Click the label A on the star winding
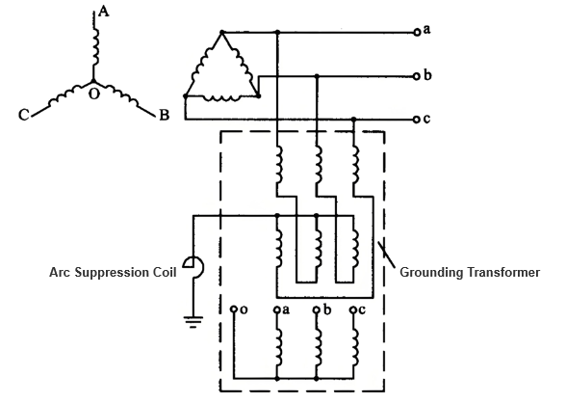pyautogui.click(x=103, y=12)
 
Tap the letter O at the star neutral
pyautogui.click(x=94, y=94)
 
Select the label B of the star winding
pyautogui.click(x=165, y=115)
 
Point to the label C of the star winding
pyautogui.click(x=24, y=115)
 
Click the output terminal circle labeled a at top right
pyautogui.click(x=417, y=33)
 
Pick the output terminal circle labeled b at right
pyautogui.click(x=417, y=76)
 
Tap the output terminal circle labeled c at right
pyautogui.click(x=417, y=120)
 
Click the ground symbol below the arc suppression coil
pyautogui.click(x=193, y=322)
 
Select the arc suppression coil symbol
pyautogui.click(x=193, y=267)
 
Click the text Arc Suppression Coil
pyautogui.click(x=113, y=272)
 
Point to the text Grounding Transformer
pyautogui.click(x=470, y=272)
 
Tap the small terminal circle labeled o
pyautogui.click(x=234, y=309)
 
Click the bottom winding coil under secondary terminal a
pyautogui.click(x=279, y=347)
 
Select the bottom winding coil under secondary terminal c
pyautogui.click(x=355, y=347)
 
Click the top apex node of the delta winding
pyautogui.click(x=222, y=33)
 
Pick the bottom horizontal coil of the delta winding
pyautogui.click(x=221, y=98)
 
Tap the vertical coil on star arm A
pyautogui.click(x=95, y=46)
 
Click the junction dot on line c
pyautogui.click(x=354, y=120)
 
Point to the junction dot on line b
pyautogui.click(x=317, y=76)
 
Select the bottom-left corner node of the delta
pyautogui.click(x=186, y=96)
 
